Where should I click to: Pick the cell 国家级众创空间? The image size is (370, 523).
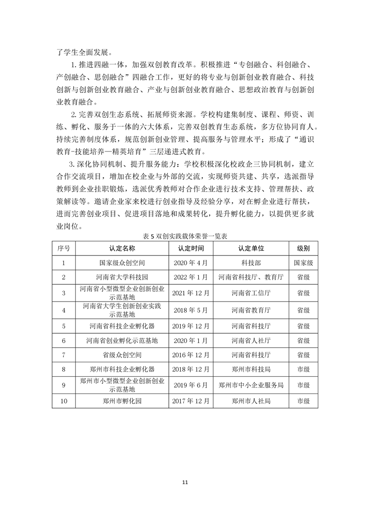coord(122,263)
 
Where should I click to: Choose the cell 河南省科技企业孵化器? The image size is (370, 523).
coord(122,326)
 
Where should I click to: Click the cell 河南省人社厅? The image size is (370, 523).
coord(251,340)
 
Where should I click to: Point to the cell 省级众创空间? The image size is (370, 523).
coord(122,355)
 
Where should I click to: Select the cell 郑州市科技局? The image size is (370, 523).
coord(251,370)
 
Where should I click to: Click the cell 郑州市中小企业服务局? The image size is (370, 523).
coord(251,385)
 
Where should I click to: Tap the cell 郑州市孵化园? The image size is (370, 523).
coord(122,400)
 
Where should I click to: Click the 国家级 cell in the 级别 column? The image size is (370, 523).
coord(303,263)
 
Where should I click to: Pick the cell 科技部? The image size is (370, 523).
coord(251,263)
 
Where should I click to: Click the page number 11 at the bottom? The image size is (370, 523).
coord(185,482)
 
